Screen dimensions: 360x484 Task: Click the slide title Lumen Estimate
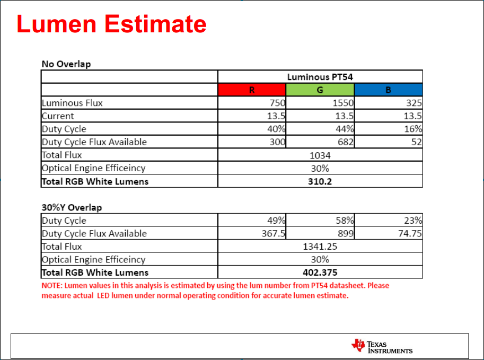111,24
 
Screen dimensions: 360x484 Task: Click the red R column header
252,90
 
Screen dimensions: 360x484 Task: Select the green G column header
320,90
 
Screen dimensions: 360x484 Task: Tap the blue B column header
388,90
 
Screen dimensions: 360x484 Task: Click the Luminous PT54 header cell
320,77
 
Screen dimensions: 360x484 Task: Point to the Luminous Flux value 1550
343,103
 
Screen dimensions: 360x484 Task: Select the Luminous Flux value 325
413,103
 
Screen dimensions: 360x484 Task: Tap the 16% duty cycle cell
414,129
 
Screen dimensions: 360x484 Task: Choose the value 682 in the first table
346,142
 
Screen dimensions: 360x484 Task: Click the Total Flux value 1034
320,155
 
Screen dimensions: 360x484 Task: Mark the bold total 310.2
320,181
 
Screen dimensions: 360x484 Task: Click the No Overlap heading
66,64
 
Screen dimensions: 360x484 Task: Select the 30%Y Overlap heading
72,207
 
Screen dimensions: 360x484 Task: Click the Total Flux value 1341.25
320,247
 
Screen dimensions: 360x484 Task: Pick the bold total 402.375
320,273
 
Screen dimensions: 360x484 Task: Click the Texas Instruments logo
382,346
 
